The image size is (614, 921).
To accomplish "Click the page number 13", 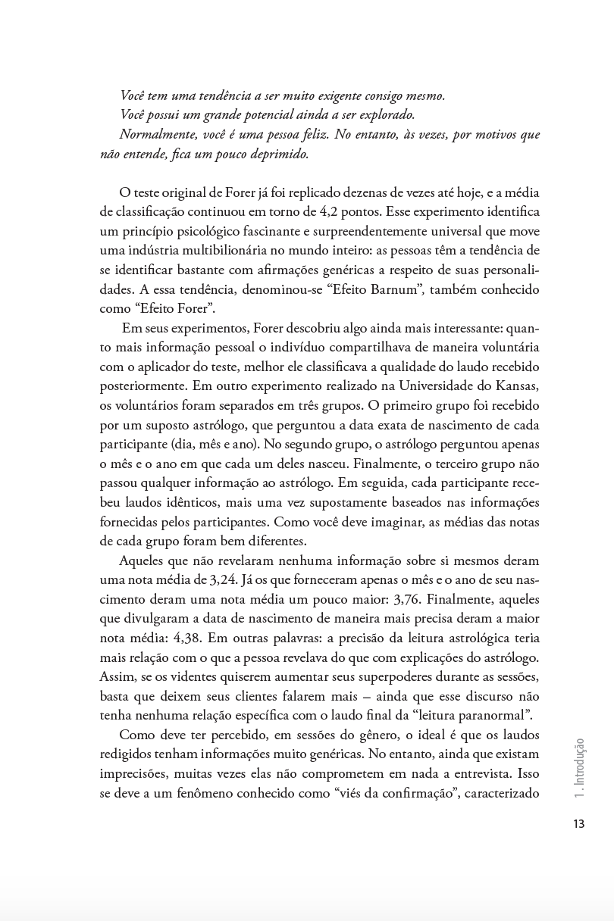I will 578,824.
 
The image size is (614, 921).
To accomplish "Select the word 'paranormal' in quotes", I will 490,714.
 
